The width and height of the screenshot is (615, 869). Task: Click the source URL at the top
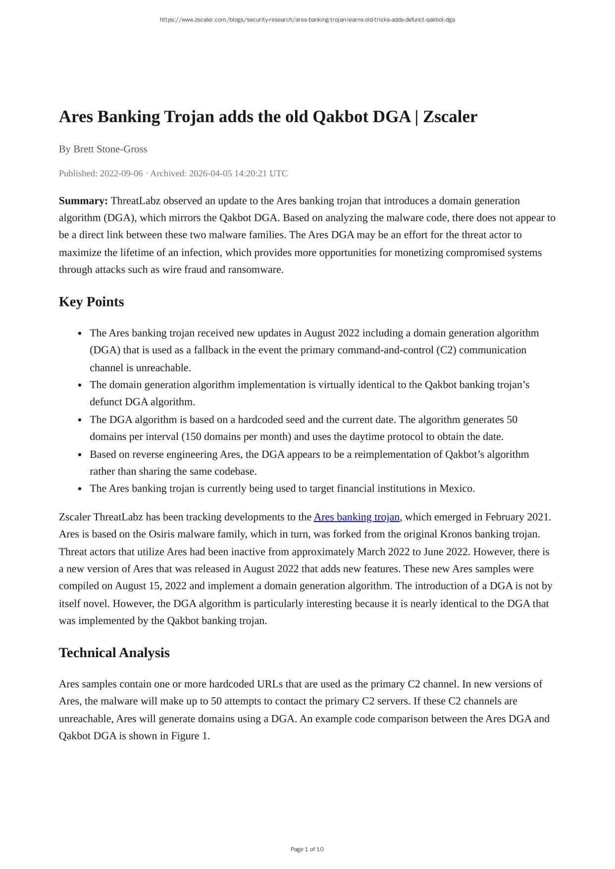tap(307, 20)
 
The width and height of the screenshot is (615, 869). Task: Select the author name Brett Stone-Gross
tap(110, 149)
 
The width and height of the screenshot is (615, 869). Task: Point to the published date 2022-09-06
tap(121, 173)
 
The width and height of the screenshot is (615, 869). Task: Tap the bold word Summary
tap(83, 201)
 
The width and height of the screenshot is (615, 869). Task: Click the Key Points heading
tap(91, 302)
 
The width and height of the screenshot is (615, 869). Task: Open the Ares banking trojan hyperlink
tap(357, 517)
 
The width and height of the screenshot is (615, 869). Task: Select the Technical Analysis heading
tap(114, 653)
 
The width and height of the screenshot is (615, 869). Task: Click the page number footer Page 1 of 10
tap(307, 849)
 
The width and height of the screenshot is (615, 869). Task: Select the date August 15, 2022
tap(151, 586)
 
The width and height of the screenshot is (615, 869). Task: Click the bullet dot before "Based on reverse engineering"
tap(80, 455)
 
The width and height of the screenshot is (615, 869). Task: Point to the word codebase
tap(234, 472)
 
